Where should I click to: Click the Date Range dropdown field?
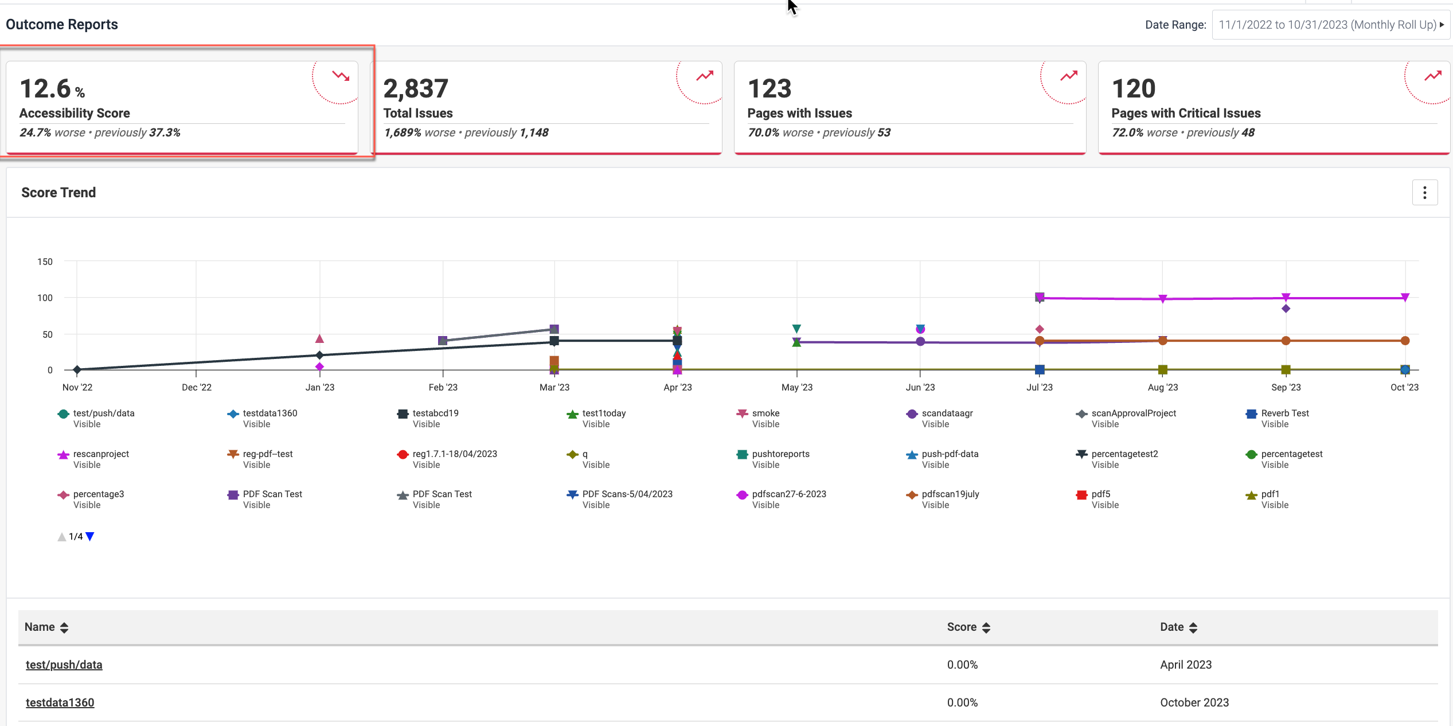pos(1330,25)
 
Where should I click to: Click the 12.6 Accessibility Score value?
pos(46,89)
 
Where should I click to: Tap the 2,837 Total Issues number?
pos(416,89)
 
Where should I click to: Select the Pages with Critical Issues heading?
pos(1186,113)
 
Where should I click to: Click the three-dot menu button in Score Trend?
pos(1424,193)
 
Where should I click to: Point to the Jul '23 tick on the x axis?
pos(1039,387)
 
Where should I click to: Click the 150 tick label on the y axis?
pos(45,261)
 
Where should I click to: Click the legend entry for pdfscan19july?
pos(950,494)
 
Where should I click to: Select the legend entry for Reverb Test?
pos(1284,413)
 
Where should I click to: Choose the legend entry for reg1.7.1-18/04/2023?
pos(454,454)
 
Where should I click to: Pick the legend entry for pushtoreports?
pos(780,454)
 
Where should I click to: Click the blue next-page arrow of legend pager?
pos(90,537)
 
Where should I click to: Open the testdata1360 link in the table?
pos(60,702)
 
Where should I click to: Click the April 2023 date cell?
pos(1185,665)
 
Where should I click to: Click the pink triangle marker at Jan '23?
pos(319,339)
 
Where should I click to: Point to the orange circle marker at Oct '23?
pos(1404,341)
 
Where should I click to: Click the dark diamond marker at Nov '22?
pos(77,370)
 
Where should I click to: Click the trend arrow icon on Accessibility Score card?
pos(341,76)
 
